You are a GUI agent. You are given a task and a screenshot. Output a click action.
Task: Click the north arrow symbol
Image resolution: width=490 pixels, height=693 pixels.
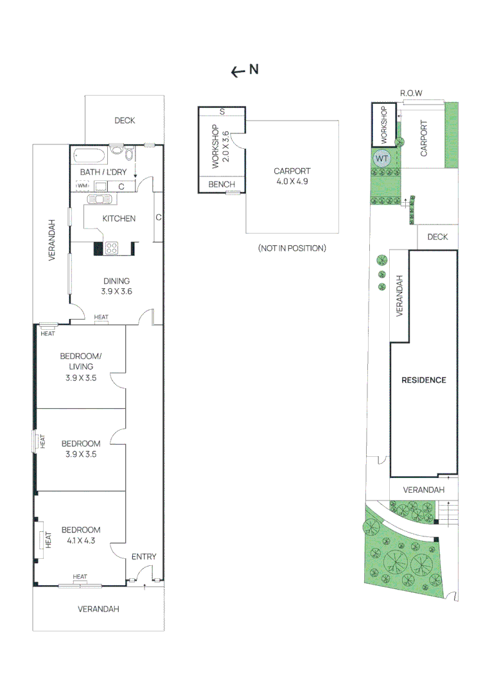245,71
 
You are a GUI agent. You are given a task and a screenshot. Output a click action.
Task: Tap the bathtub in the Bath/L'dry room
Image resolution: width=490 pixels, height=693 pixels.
90,156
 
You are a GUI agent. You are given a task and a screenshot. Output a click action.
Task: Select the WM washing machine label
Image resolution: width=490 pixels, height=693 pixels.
83,185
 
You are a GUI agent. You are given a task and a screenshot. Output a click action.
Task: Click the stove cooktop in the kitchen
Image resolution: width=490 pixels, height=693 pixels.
112,248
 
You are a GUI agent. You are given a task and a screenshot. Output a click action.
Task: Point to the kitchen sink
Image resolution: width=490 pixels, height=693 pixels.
100,200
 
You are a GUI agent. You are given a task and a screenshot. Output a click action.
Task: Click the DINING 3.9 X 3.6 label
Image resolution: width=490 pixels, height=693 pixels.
116,286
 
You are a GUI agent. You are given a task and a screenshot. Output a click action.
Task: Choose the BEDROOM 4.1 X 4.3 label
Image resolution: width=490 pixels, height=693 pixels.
81,535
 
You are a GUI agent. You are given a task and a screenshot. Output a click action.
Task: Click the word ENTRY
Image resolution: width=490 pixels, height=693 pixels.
144,556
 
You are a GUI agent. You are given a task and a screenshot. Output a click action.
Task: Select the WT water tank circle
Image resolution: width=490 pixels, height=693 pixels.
381,158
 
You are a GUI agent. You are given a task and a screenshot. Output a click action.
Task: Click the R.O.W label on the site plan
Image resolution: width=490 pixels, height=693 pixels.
411,93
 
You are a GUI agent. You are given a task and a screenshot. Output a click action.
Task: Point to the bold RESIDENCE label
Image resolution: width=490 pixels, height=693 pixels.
424,380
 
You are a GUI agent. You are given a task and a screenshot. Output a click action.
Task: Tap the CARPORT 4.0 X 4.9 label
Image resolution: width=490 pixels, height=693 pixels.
292,176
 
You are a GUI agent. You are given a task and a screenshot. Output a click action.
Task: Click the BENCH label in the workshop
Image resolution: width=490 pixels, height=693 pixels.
222,184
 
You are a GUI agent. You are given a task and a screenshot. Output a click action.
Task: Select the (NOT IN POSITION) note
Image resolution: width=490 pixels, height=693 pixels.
292,248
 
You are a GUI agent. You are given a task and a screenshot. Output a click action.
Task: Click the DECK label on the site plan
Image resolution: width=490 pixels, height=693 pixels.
437,237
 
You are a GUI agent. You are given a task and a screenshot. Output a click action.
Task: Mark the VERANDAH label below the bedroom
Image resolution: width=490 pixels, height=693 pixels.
98,609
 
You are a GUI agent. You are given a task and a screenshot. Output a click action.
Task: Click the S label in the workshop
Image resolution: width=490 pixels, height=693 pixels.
222,112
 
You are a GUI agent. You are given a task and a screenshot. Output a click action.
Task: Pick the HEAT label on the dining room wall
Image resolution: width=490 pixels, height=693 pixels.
101,317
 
